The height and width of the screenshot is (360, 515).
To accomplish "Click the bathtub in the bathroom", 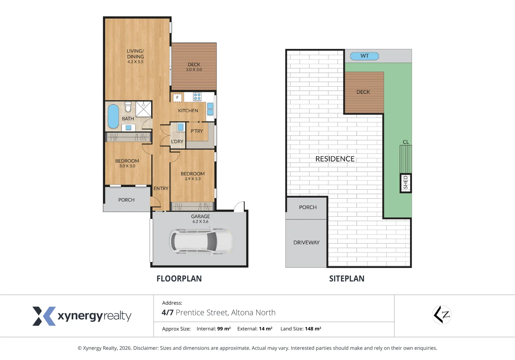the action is tap(113, 116).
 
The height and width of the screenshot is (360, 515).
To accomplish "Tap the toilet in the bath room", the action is tap(128, 107).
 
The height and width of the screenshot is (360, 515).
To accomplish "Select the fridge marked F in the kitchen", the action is tap(177, 97).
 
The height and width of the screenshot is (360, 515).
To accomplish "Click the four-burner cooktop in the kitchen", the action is tap(197, 97).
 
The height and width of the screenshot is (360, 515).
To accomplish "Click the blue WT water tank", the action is tap(364, 56).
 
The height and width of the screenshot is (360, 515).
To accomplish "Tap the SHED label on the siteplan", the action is tap(406, 183).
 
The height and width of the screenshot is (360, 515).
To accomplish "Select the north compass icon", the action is tap(442, 315).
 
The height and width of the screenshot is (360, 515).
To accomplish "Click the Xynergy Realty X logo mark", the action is tap(44, 316).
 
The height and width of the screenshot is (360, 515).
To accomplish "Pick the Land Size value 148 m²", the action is tap(313, 329).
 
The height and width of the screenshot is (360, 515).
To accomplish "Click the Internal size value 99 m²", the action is tap(224, 329).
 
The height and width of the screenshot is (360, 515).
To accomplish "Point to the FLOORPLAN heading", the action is tap(179, 279).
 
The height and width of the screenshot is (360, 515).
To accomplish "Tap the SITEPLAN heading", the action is tap(347, 279).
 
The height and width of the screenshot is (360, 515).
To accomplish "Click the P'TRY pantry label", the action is tap(197, 131).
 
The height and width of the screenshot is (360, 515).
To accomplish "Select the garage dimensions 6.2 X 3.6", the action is tap(200, 222).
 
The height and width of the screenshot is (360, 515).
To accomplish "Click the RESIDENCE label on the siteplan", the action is tap(335, 159).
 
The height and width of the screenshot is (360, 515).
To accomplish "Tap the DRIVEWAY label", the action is tap(306, 243).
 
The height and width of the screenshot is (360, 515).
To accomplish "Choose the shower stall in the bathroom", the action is tap(144, 109).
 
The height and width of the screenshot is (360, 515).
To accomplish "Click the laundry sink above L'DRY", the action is tap(181, 127).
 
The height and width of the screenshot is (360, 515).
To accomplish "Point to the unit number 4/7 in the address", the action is tap(167, 313).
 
